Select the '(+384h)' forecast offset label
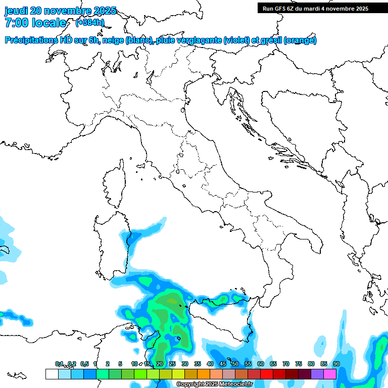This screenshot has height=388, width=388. [x=90, y=23]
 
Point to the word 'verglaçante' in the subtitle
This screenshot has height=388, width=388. [x=198, y=40]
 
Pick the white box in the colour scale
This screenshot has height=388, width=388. [x=52, y=374]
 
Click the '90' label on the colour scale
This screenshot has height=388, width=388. [x=336, y=364]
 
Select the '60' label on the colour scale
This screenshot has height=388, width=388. [x=260, y=364]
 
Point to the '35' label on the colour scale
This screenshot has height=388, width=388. [x=197, y=364]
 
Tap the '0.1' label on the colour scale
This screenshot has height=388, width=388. [x=59, y=364]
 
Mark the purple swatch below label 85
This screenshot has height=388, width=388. [x=317, y=374]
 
